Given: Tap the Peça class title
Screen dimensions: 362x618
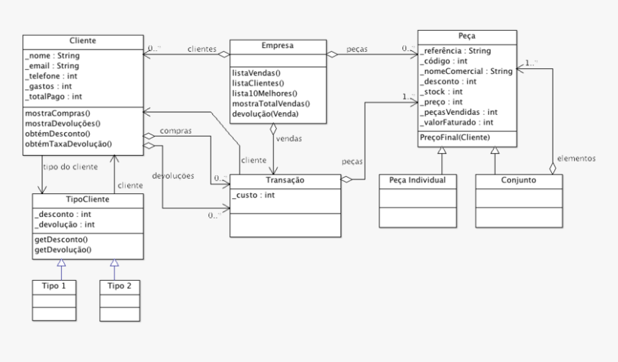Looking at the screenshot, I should [466, 35].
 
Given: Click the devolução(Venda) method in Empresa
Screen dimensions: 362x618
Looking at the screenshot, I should [264, 114].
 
